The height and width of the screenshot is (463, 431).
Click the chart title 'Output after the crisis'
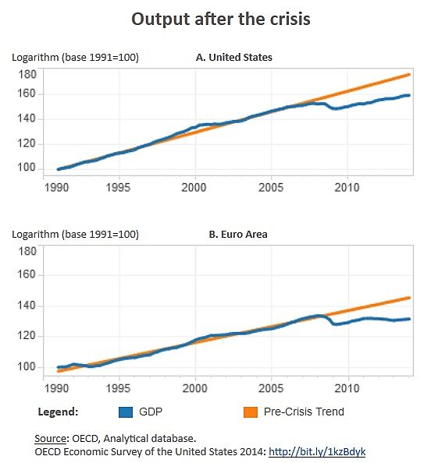(x=220, y=19)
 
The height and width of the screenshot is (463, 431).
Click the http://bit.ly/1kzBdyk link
(x=317, y=451)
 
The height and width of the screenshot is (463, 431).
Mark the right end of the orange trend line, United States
(x=410, y=75)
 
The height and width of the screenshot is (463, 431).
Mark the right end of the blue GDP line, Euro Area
(x=410, y=319)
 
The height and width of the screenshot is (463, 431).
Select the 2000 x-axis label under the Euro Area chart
(x=194, y=387)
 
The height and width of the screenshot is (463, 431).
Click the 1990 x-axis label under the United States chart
(x=57, y=188)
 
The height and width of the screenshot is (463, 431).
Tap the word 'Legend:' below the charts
(x=59, y=412)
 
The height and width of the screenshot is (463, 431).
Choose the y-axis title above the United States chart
(x=75, y=57)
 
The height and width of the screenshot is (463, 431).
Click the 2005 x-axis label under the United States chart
(x=271, y=188)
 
